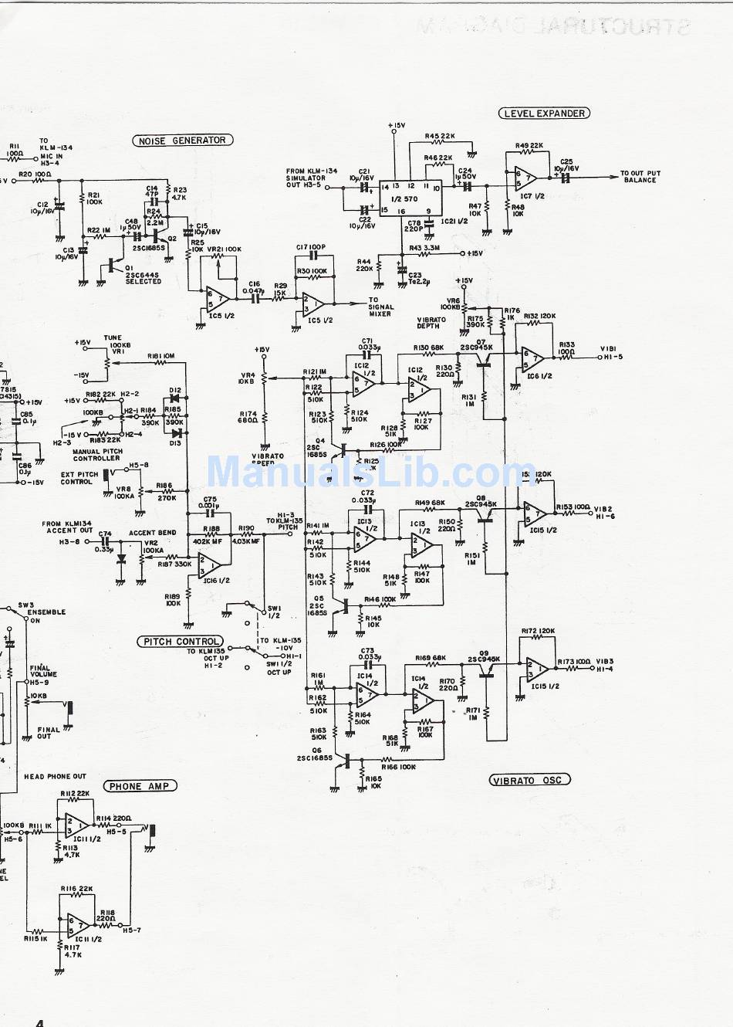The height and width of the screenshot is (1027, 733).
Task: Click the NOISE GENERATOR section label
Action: [x=182, y=141]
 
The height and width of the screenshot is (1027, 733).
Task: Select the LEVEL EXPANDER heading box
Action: [x=544, y=114]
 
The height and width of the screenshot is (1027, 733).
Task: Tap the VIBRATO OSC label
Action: [x=530, y=780]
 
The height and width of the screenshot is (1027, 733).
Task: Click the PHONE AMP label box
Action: [x=139, y=786]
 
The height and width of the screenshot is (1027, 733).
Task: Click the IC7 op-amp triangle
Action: [x=525, y=178]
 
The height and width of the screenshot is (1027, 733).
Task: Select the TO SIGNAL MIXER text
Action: [x=380, y=307]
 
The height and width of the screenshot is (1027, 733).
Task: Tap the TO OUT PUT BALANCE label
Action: [x=640, y=177]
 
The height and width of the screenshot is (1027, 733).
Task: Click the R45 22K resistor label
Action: [x=440, y=137]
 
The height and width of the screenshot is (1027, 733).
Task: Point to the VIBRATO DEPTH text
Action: [x=431, y=323]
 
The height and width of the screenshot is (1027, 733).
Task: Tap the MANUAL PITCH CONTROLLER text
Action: [x=96, y=455]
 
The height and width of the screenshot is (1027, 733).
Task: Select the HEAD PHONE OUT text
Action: [x=56, y=776]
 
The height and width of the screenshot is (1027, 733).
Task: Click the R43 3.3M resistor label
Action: [x=425, y=248]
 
